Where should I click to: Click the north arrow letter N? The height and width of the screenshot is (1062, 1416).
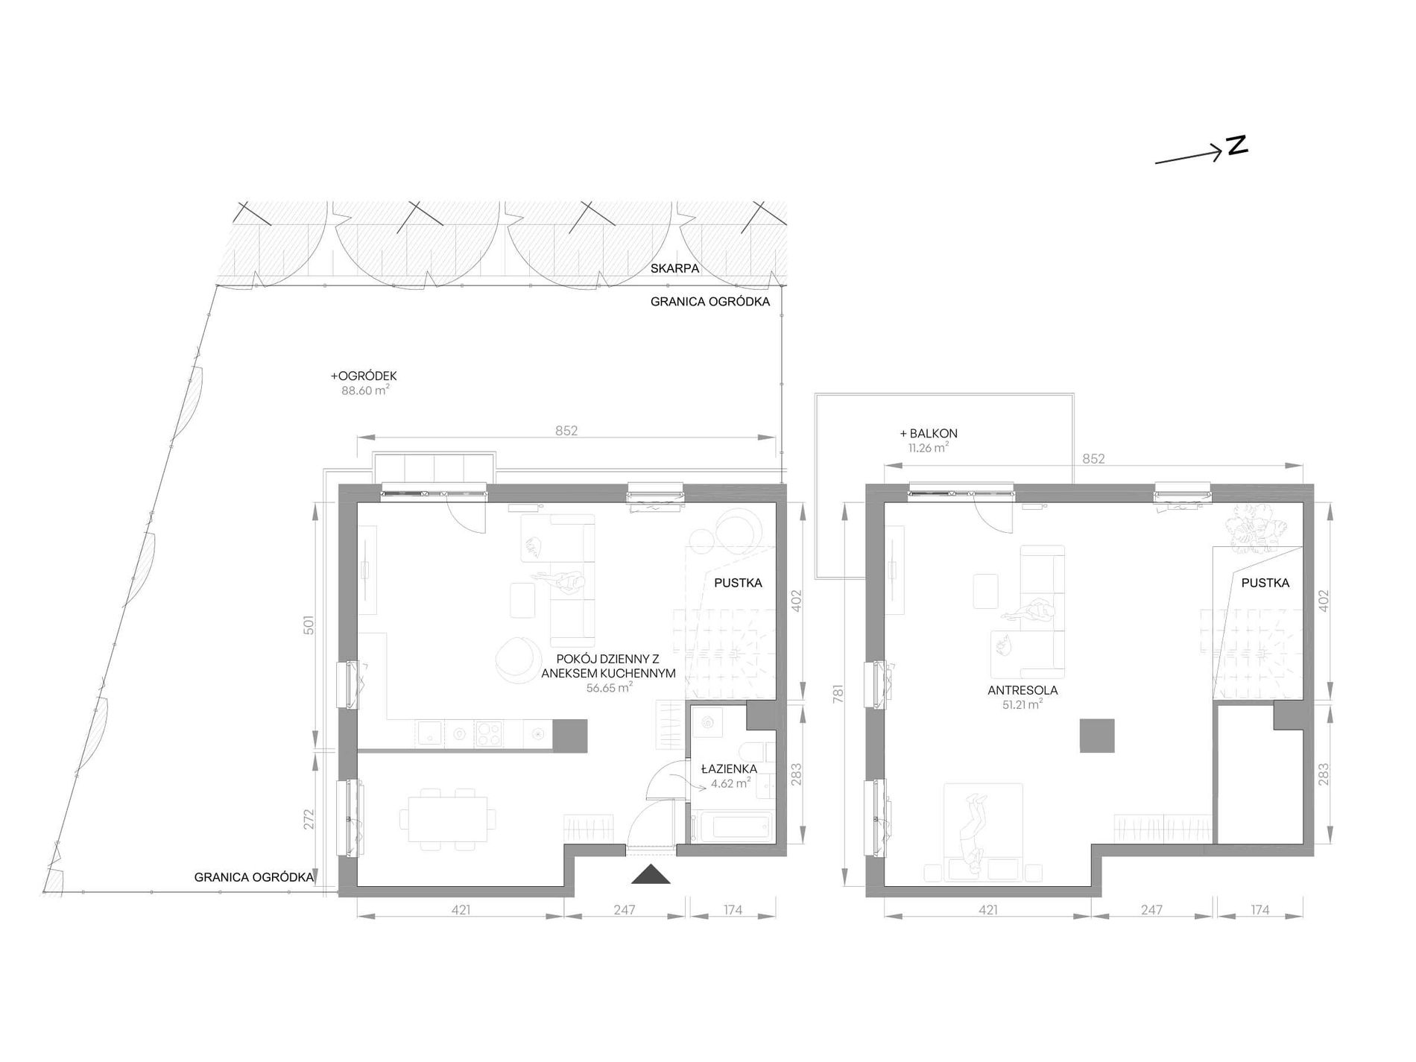click(1237, 145)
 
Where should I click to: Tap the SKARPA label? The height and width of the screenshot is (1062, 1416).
click(674, 268)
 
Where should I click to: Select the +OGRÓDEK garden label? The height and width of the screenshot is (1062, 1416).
click(364, 376)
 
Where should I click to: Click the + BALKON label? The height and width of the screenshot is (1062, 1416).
click(929, 433)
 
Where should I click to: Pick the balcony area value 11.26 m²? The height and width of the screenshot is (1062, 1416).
click(928, 448)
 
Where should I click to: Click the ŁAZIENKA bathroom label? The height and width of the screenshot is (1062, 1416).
click(729, 769)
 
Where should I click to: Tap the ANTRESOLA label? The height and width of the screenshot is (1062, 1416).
click(1023, 690)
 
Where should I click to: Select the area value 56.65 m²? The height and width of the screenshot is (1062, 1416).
click(609, 688)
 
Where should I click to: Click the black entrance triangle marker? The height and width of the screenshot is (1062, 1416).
click(651, 874)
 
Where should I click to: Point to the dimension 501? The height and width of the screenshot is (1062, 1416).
click(309, 625)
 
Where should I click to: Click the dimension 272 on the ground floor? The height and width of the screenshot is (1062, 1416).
click(309, 819)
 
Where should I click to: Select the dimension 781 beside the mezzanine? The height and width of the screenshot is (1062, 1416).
click(838, 695)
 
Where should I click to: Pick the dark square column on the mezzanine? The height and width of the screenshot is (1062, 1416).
click(1097, 736)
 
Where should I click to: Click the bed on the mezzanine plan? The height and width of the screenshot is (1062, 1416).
click(983, 829)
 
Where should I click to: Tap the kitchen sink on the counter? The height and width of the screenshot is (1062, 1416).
click(430, 733)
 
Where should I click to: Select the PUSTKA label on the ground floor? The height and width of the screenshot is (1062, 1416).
click(738, 583)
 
